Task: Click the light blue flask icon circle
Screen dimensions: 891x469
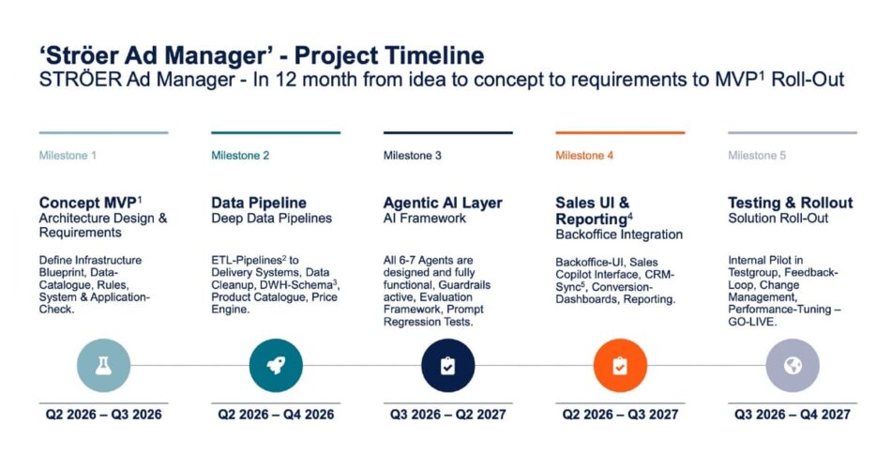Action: click(x=103, y=366)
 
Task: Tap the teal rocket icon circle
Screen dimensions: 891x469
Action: click(x=276, y=366)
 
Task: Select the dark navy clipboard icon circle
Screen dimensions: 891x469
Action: click(x=447, y=366)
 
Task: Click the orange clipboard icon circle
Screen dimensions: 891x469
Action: click(x=620, y=366)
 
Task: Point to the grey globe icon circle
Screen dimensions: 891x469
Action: click(x=793, y=366)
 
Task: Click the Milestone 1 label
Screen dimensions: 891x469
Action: click(x=68, y=155)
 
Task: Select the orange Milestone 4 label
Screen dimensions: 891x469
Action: click(x=584, y=155)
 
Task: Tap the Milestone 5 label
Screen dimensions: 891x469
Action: click(x=757, y=155)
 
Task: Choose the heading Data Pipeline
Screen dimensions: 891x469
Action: click(x=259, y=203)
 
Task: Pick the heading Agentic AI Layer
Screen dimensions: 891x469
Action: click(x=443, y=203)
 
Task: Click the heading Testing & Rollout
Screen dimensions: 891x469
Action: click(x=791, y=203)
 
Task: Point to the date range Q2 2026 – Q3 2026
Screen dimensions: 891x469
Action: click(x=103, y=415)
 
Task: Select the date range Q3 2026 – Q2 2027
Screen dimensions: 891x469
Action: click(x=447, y=415)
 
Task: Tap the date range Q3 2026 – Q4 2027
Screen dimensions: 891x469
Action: click(x=793, y=415)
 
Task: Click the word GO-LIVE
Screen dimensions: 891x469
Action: click(x=752, y=322)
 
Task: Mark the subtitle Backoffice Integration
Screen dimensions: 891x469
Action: click(x=619, y=234)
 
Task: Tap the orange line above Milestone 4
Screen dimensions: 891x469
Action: click(x=620, y=132)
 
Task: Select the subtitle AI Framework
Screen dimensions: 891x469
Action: click(x=425, y=219)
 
